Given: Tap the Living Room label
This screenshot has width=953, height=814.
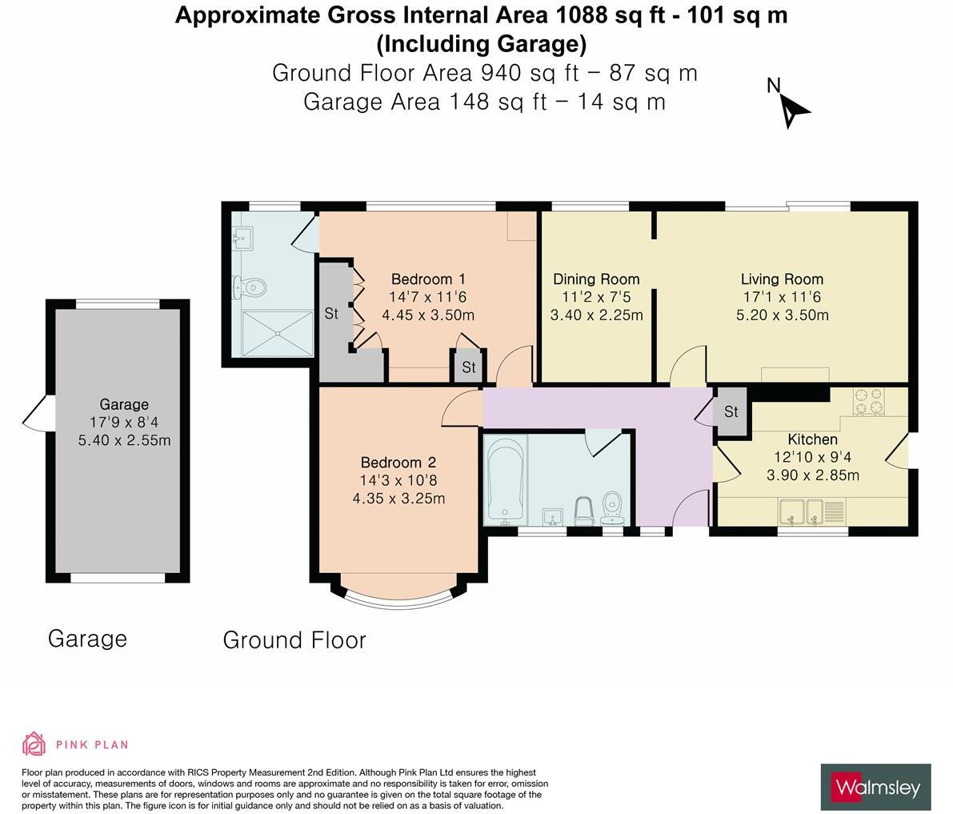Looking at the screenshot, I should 782,279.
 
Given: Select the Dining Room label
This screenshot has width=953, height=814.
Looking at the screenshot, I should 596,279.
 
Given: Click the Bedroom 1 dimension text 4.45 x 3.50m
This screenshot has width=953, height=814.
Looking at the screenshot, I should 428,315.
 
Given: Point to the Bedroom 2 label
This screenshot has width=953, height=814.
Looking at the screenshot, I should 398,463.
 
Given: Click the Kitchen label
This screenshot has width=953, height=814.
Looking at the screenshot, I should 812,439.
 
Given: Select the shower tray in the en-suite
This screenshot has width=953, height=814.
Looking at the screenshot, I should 277,333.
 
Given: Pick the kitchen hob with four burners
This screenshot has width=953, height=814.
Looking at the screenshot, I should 869,402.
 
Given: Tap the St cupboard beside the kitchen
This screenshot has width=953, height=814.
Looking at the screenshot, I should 731,412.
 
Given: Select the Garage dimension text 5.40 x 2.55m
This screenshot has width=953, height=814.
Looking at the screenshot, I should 124,440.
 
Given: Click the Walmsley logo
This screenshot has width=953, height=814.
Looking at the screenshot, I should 875,788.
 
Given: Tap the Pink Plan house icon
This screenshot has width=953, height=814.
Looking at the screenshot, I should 34,744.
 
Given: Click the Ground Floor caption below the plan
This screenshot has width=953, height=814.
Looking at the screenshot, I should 294,640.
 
